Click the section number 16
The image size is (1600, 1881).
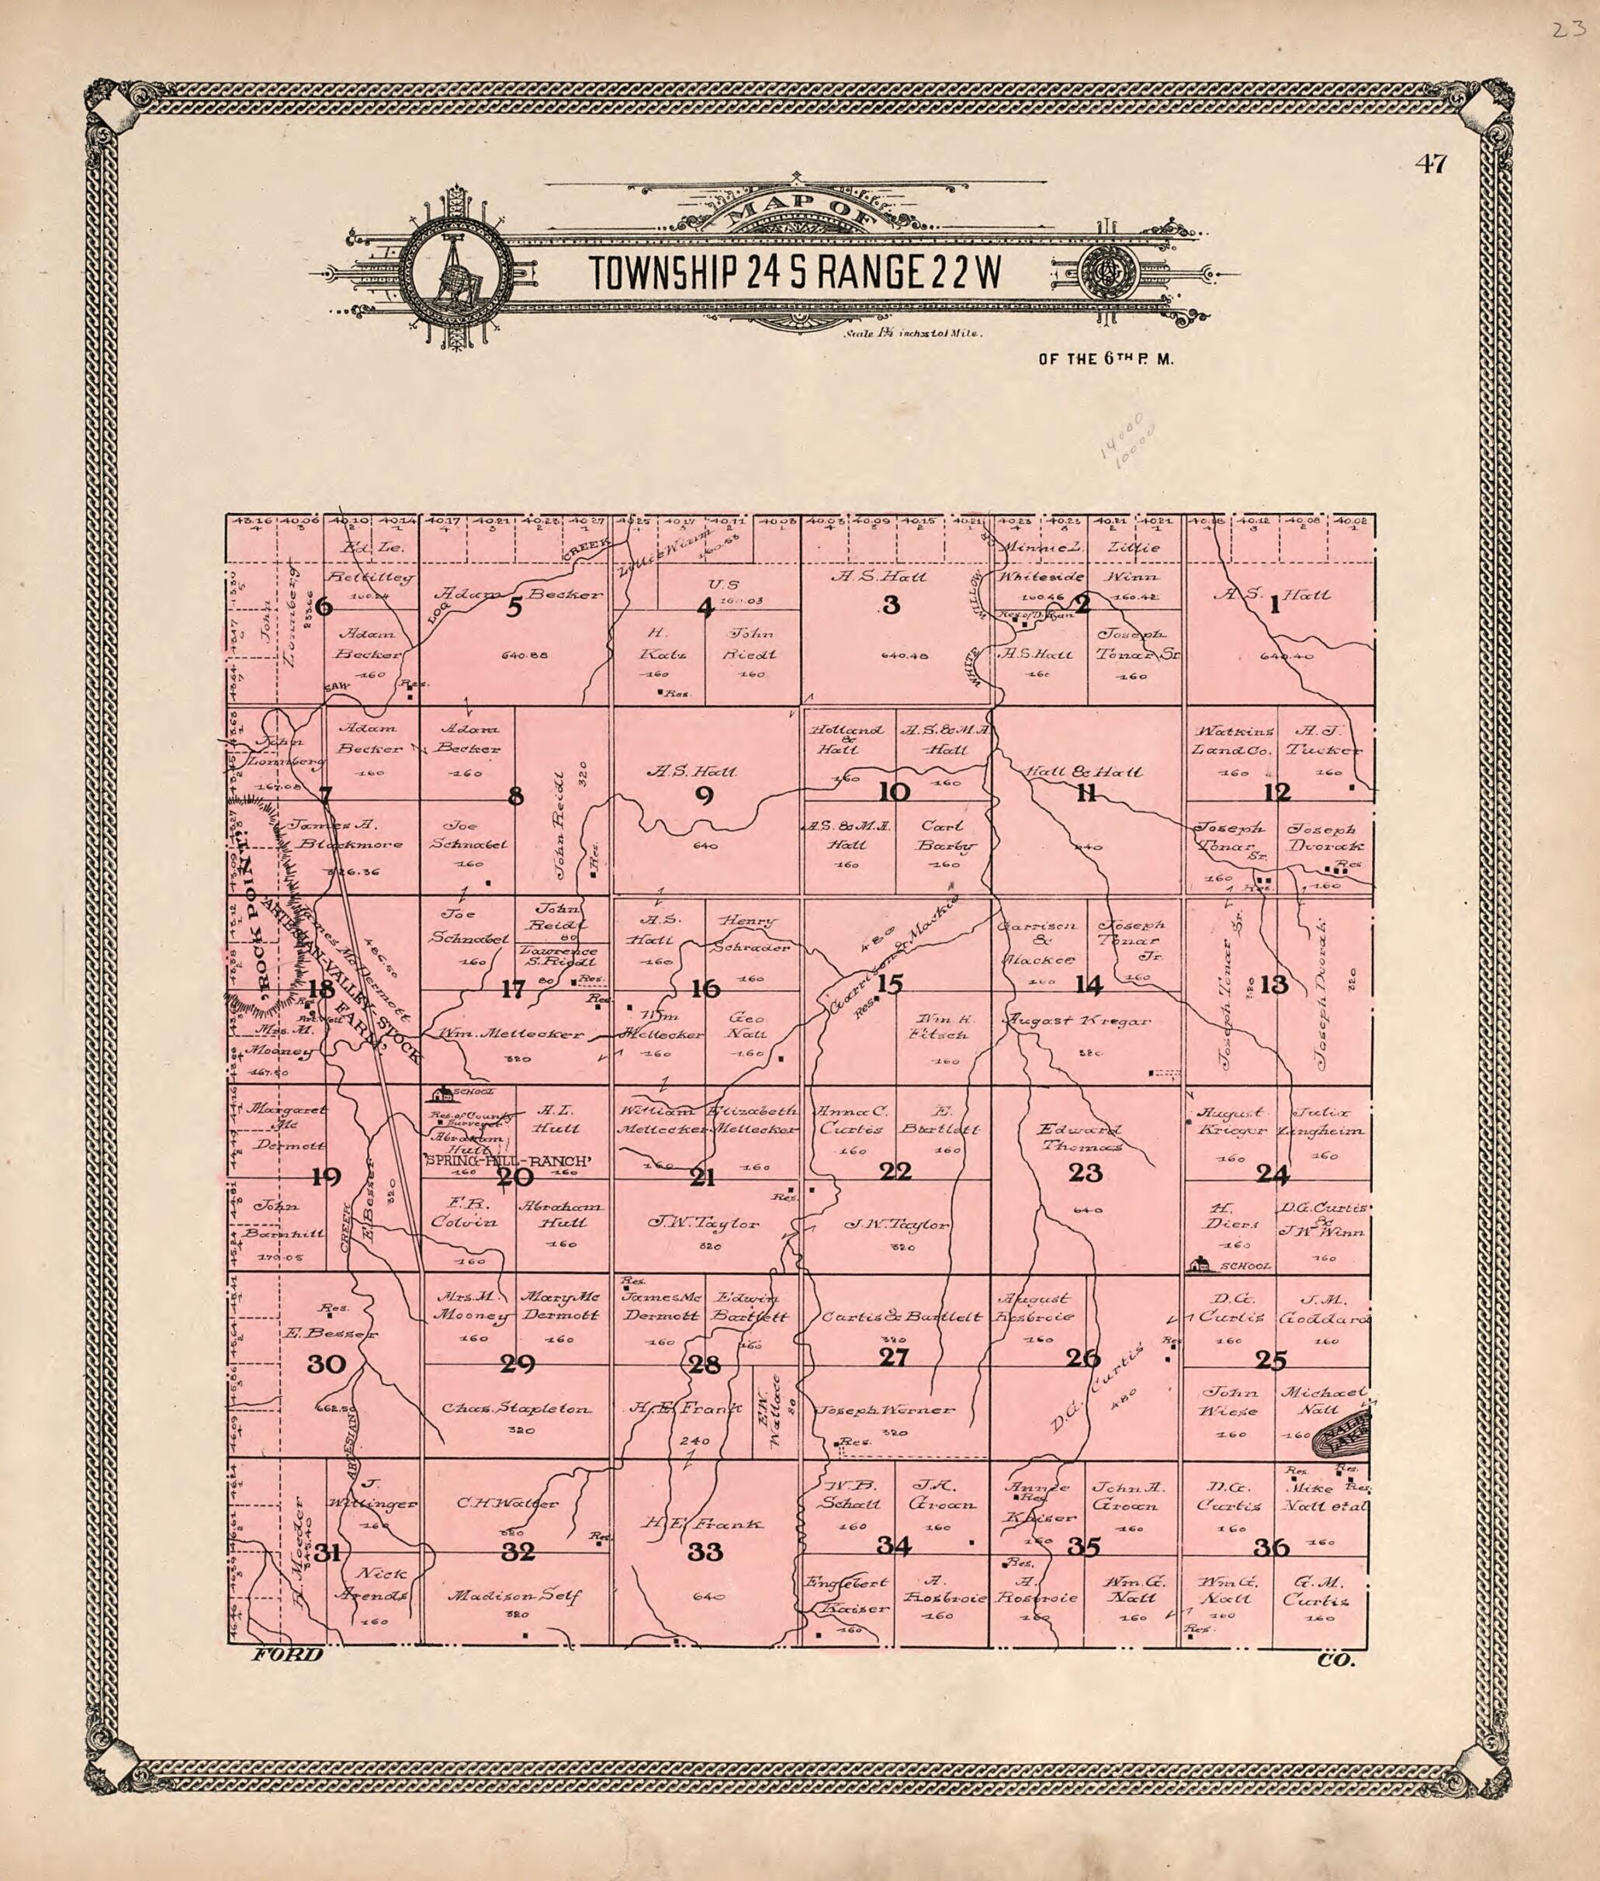[x=705, y=989]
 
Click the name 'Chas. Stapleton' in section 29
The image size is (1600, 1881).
[x=517, y=1409]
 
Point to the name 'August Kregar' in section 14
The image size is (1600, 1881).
[x=1077, y=1021]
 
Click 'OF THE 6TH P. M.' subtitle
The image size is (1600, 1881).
[x=1106, y=359]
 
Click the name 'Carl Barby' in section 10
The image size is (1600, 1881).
[x=947, y=837]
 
